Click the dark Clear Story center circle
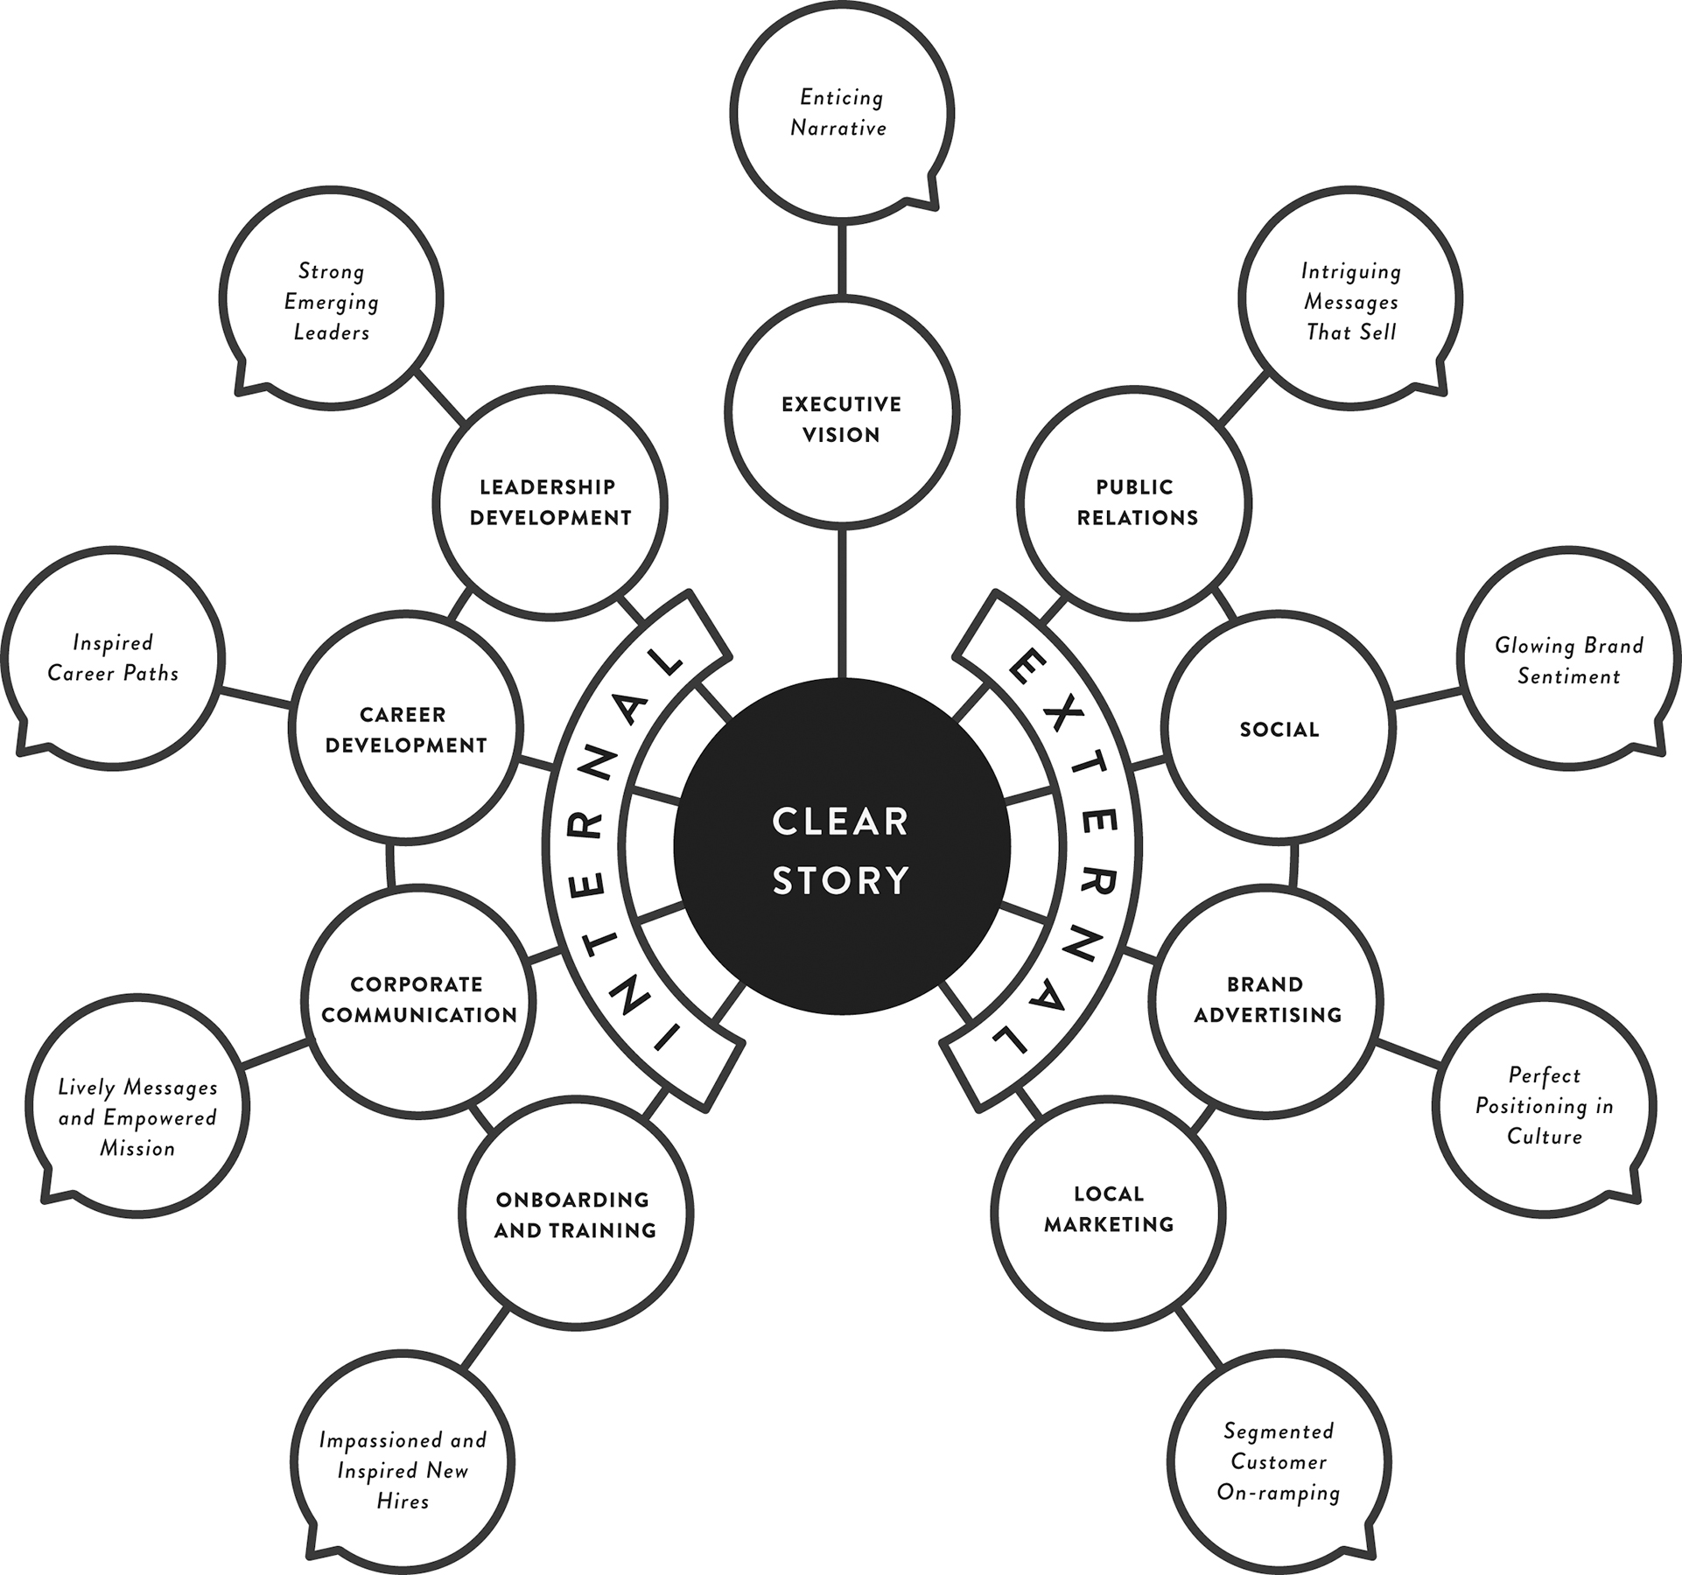tap(841, 846)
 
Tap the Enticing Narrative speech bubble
tap(841, 112)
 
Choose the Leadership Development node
tap(550, 502)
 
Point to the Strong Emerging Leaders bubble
tap(332, 299)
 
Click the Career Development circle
tap(405, 729)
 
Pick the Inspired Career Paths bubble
tap(113, 659)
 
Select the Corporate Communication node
tap(418, 999)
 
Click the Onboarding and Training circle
tap(575, 1214)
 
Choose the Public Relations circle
tap(1135, 502)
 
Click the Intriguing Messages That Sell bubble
tap(1351, 299)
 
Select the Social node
tap(1279, 729)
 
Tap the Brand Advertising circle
tap(1266, 999)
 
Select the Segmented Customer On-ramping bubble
tap(1279, 1463)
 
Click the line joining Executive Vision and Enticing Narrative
tap(841, 259)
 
